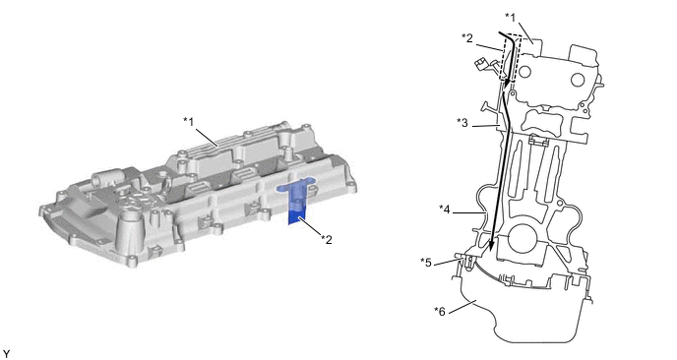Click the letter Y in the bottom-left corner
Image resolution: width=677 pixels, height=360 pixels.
[x=6, y=354]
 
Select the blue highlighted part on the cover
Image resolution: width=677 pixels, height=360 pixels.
[x=297, y=200]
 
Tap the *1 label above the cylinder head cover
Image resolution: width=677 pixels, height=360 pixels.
[x=188, y=122]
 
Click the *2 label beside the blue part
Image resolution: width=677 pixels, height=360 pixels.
[x=327, y=239]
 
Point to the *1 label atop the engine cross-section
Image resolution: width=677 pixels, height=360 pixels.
[x=511, y=18]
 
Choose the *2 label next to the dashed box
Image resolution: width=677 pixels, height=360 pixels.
[x=467, y=38]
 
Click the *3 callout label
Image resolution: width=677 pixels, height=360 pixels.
[x=462, y=123]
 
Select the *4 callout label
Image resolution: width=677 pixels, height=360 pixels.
[x=445, y=210]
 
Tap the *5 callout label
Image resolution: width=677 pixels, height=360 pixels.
[x=426, y=263]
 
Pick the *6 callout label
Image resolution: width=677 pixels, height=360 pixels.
[x=440, y=311]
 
